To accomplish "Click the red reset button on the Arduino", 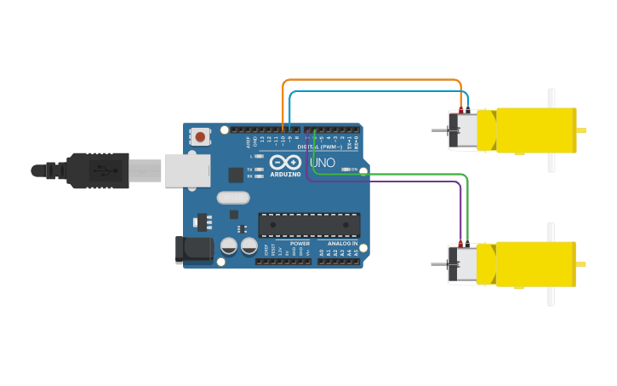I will (201, 135).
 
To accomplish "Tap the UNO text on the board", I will (323, 163).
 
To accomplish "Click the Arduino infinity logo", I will (285, 162).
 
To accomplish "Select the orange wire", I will (374, 80).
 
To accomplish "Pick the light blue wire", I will (374, 91).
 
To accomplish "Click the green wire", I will (391, 174).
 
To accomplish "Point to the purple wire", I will (391, 181).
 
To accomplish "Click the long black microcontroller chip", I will (309, 225).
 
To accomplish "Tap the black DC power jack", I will (193, 248).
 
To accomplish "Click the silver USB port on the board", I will (186, 170).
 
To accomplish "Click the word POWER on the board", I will (300, 243).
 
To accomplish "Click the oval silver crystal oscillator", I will (233, 198).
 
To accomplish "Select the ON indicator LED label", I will (353, 170).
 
